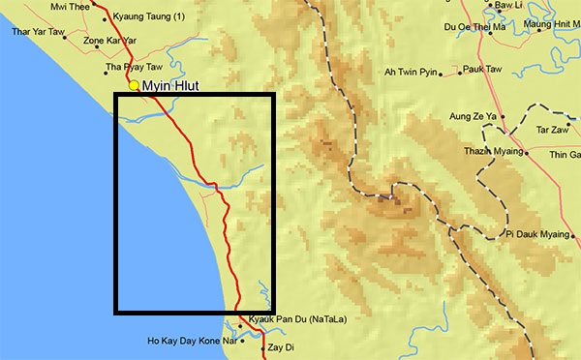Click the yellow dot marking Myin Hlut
[x=134, y=86]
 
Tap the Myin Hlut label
[x=170, y=87]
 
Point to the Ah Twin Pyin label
[x=412, y=73]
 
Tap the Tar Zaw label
[x=553, y=129]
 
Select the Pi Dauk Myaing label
[x=542, y=233]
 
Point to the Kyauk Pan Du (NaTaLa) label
[x=297, y=319]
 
